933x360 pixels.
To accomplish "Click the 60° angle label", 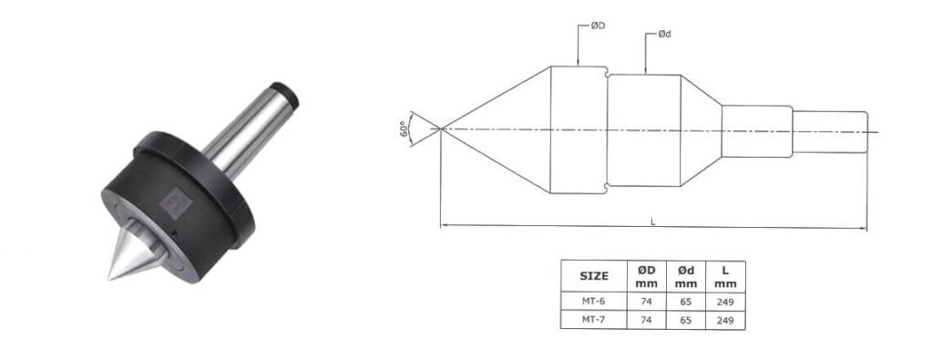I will pos(402,129).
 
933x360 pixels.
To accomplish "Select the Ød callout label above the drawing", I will pos(665,35).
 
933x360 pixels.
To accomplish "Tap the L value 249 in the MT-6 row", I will pos(725,302).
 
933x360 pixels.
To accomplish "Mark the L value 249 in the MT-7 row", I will pos(725,320).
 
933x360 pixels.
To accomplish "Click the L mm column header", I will pos(725,276).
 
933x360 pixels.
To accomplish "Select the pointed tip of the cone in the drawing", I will pos(442,129).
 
